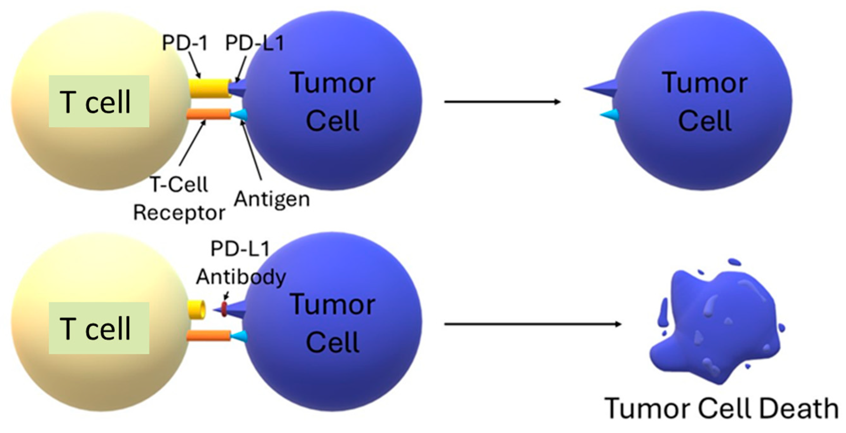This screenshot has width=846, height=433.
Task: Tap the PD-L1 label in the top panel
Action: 255,43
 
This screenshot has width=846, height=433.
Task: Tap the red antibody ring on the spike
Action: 224,309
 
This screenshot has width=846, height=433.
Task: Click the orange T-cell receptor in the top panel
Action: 208,114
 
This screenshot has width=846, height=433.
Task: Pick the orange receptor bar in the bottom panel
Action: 208,336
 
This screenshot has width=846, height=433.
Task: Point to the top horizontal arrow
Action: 502,102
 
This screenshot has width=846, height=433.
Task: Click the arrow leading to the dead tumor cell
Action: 532,324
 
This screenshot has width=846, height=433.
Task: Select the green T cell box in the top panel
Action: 99,101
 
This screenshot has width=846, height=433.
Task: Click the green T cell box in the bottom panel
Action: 99,328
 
